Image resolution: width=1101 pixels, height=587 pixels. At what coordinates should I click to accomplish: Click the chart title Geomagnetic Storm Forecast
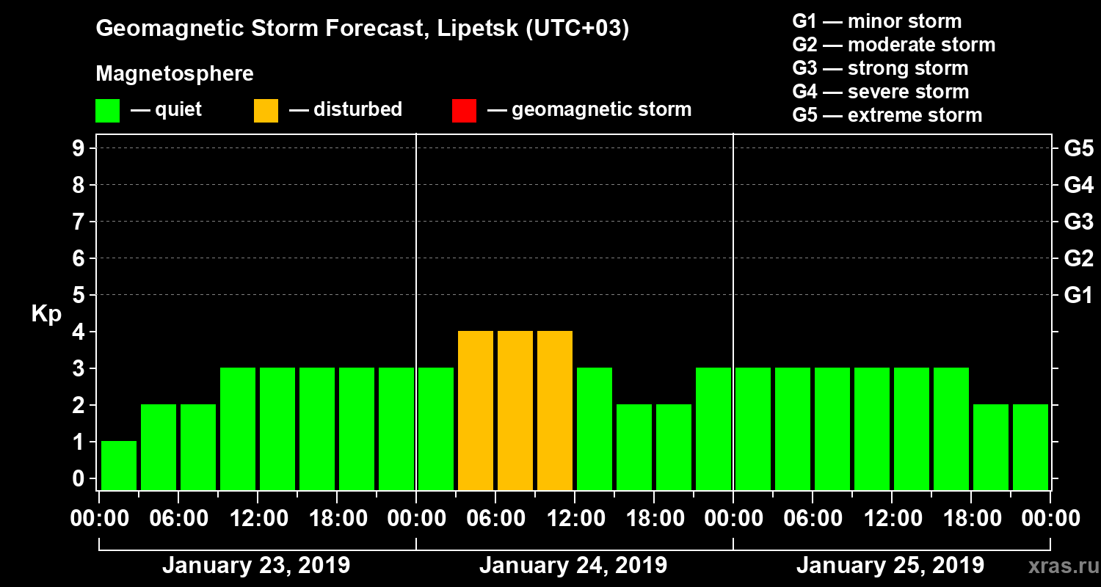coord(363,29)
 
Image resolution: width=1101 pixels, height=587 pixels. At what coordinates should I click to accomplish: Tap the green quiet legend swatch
coord(107,111)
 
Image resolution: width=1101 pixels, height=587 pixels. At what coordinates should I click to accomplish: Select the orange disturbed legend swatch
coord(266,111)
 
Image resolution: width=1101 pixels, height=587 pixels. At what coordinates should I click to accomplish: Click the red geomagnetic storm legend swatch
coord(464,111)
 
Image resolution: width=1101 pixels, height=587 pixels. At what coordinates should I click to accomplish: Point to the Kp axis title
coord(46,313)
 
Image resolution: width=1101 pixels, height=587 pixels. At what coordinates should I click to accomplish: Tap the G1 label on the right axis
coord(1078,296)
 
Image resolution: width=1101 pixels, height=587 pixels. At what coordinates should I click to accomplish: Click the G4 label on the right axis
coord(1078,185)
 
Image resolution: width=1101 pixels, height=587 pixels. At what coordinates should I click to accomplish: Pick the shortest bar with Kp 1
coord(119,465)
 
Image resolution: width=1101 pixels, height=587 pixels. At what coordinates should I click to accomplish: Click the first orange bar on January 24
coord(476,411)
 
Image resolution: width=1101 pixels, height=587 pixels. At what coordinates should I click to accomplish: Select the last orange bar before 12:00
coord(555,411)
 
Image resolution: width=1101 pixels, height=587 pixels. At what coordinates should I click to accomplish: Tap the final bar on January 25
coord(1031,447)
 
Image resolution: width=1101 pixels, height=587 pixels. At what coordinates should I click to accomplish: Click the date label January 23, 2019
coord(255,566)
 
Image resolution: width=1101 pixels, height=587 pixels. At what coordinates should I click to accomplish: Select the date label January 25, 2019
coord(890,566)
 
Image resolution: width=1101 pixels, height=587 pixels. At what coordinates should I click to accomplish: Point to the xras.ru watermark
coord(1058,566)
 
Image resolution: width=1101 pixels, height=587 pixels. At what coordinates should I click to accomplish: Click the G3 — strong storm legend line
coord(880,68)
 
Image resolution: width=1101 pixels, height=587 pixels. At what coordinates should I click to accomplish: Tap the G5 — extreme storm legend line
coord(887,115)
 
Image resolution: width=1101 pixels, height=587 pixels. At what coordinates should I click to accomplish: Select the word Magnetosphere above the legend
coord(175,74)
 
